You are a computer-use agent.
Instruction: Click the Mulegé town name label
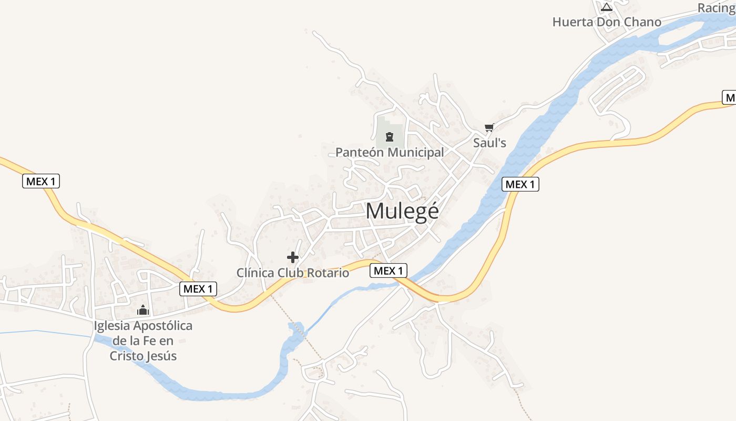[x=402, y=212]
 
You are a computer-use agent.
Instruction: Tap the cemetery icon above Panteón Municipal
[x=389, y=137]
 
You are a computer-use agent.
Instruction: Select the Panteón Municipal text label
[x=390, y=153]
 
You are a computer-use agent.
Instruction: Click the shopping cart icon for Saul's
[x=489, y=127]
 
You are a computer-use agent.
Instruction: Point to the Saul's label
[x=489, y=143]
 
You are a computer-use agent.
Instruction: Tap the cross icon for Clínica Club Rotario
[x=293, y=257]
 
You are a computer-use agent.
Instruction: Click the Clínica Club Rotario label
[x=293, y=273]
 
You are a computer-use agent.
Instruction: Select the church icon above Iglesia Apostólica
[x=143, y=310]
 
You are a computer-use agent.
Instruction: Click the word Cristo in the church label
[x=128, y=356]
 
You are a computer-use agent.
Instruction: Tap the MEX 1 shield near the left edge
[x=42, y=182]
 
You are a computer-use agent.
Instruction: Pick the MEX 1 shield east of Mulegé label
[x=520, y=184]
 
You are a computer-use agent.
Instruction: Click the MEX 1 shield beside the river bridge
[x=389, y=271]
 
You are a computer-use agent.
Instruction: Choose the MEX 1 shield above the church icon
[x=198, y=288]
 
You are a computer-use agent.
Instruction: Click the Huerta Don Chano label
[x=607, y=22]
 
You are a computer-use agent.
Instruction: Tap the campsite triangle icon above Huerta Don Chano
[x=607, y=7]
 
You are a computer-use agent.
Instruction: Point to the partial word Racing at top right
[x=716, y=8]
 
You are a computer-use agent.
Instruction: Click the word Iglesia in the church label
[x=111, y=326]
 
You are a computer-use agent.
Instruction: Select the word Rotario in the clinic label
[x=329, y=273]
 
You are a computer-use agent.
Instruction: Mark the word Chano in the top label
[x=642, y=22]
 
